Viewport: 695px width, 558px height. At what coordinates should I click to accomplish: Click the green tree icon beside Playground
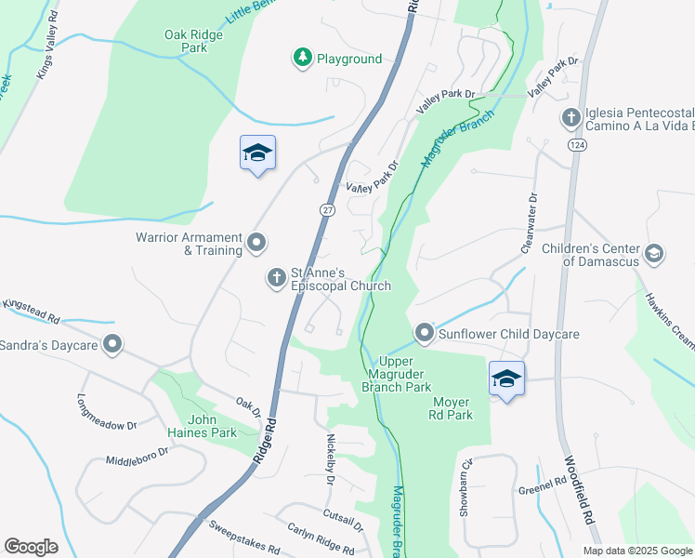[x=302, y=59]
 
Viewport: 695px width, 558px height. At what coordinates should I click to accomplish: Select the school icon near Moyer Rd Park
[x=506, y=379]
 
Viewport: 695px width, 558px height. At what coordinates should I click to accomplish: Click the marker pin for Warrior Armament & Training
[x=257, y=244]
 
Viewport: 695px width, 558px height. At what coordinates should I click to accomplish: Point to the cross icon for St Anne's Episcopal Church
[x=276, y=277]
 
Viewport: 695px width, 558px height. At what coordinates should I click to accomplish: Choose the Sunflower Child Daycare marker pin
[x=424, y=333]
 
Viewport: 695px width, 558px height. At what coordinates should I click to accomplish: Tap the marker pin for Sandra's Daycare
[x=112, y=346]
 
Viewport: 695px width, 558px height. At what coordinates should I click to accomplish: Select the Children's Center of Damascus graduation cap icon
[x=654, y=254]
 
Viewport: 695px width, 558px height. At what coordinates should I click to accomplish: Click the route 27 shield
[x=327, y=210]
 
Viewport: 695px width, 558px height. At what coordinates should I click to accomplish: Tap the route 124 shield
[x=577, y=145]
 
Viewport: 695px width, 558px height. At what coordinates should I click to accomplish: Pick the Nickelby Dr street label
[x=330, y=458]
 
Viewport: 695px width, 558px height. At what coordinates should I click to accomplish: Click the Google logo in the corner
[x=31, y=547]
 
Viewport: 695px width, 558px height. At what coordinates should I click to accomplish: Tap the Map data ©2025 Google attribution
[x=636, y=551]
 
